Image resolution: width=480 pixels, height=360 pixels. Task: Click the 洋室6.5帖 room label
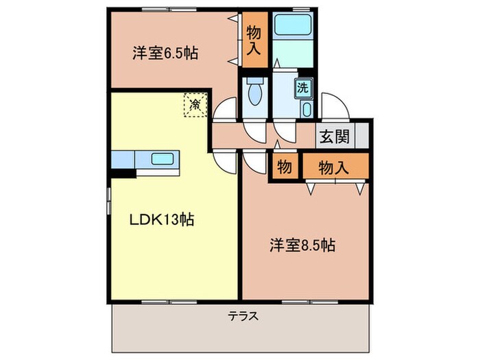[165, 53]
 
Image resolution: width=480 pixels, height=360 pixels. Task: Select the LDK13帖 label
[162, 219]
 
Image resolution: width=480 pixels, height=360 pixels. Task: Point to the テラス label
[243, 316]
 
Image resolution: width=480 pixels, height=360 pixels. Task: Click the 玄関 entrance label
[334, 136]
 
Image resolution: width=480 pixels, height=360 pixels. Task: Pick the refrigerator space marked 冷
[195, 104]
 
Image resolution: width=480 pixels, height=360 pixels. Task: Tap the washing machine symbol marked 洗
[302, 88]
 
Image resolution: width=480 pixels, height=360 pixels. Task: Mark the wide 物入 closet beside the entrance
[335, 167]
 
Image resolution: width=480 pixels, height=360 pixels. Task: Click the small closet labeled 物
[283, 167]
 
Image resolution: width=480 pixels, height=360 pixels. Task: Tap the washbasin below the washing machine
[306, 110]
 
